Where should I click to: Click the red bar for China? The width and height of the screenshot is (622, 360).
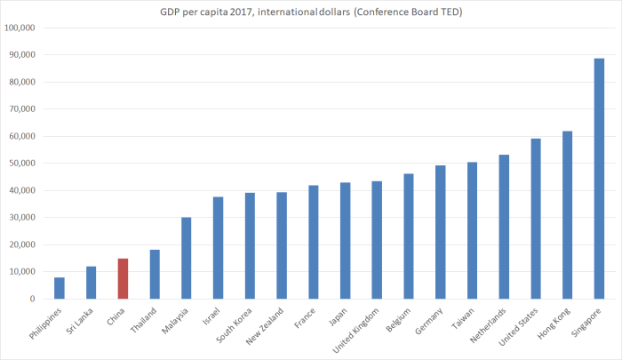(123, 278)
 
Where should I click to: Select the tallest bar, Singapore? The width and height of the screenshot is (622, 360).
(599, 179)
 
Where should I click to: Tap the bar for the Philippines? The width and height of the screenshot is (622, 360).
(60, 288)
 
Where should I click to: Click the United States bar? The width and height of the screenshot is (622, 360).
(536, 219)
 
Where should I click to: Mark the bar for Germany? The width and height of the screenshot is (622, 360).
(440, 232)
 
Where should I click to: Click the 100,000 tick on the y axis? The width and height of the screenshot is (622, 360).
(20, 28)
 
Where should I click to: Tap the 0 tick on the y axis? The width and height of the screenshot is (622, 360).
(32, 300)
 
